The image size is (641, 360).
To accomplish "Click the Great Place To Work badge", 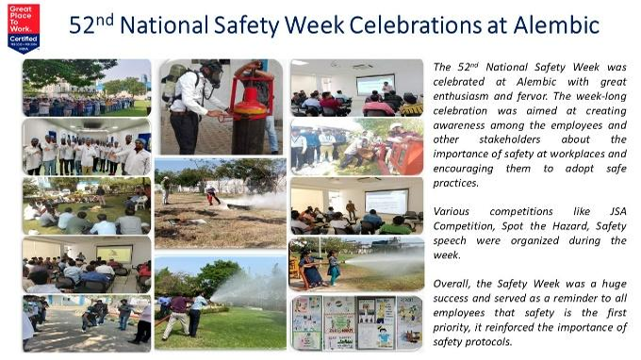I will pyautogui.click(x=23, y=27).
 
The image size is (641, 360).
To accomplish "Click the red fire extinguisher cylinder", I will pyautogui.click(x=253, y=118).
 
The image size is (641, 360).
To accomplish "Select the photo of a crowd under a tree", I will pyautogui.click(x=86, y=88).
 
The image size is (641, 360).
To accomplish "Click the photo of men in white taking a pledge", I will pyautogui.click(x=86, y=147).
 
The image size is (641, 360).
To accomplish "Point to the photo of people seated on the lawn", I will pyautogui.click(x=86, y=206).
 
